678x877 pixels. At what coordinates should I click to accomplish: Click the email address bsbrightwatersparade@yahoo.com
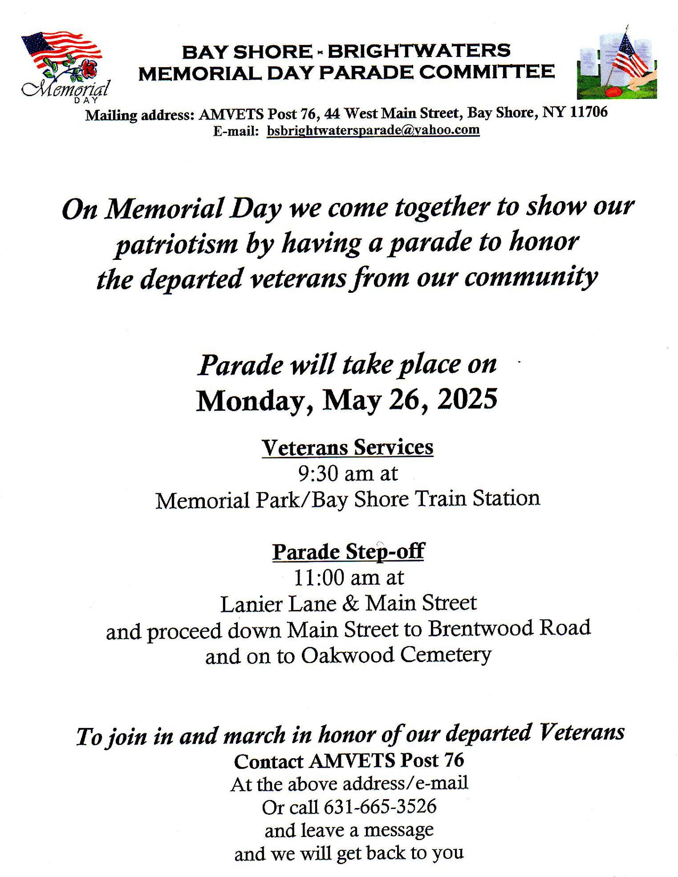tap(373, 130)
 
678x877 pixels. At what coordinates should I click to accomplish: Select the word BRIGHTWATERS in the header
tap(418, 51)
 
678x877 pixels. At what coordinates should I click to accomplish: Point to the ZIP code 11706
tap(589, 112)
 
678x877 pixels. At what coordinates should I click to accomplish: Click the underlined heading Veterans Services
tap(347, 447)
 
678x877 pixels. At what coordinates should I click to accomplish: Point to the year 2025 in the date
tap(467, 399)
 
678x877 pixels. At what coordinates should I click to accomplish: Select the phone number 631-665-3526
tap(380, 806)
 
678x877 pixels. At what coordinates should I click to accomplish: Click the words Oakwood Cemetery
tap(396, 655)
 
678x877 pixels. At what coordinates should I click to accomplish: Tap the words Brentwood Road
tap(509, 628)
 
